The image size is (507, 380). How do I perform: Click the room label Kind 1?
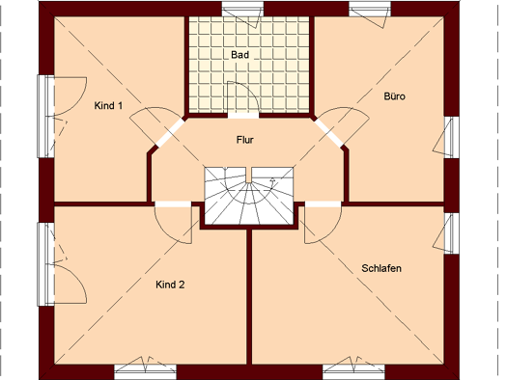click(108, 105)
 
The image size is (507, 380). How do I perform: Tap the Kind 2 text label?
click(170, 285)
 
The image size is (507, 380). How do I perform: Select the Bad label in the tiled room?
click(239, 55)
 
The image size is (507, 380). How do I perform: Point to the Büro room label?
click(394, 96)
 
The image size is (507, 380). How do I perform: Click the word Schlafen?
click(381, 268)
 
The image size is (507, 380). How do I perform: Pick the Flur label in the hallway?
click(245, 140)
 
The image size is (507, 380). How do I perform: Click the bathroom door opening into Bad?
click(243, 99)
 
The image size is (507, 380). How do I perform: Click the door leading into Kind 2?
click(173, 222)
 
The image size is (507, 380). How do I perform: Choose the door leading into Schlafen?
click(323, 222)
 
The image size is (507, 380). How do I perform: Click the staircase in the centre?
click(249, 196)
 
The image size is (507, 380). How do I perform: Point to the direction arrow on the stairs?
click(272, 183)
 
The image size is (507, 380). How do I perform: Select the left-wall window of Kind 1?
click(46, 117)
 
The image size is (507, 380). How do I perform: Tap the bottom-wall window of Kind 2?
click(145, 370)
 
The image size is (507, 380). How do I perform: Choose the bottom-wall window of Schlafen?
click(353, 370)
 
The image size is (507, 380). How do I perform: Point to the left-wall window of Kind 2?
click(46, 264)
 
